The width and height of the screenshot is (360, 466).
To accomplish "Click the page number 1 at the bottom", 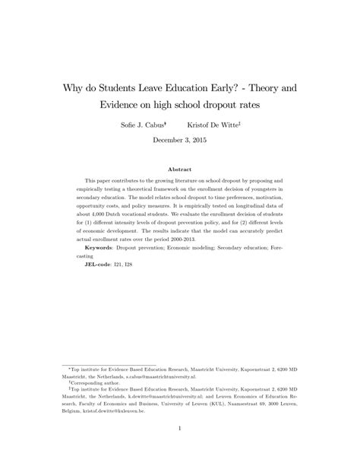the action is [x=180, y=428].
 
